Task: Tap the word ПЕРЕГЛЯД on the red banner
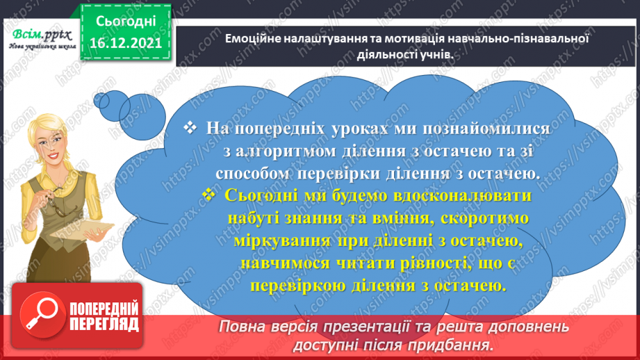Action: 104,324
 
